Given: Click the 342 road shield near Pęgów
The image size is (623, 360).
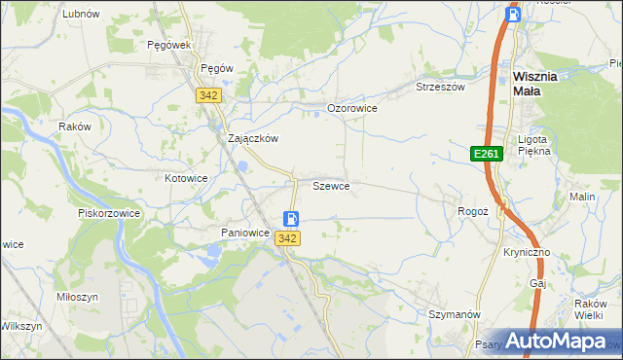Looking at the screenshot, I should [208, 95].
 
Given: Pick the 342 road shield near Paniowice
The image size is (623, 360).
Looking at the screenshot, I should [287, 238].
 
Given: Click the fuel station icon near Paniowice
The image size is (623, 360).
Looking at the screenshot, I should [291, 220].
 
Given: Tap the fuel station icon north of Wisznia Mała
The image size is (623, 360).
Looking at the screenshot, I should [514, 14].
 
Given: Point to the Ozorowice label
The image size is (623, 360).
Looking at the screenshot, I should [351, 108].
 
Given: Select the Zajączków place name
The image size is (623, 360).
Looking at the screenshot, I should [253, 138].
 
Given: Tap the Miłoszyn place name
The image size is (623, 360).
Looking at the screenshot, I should [79, 298].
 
